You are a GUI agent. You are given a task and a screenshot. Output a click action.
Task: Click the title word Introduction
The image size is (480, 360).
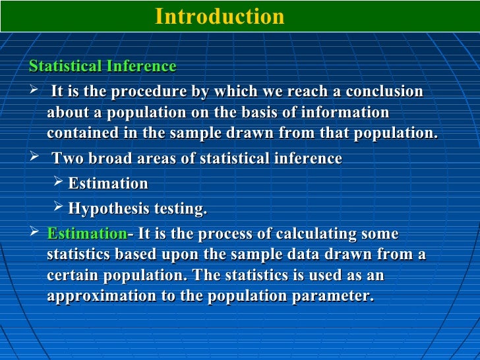tap(220, 16)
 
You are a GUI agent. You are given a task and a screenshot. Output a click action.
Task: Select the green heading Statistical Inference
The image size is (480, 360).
tap(103, 67)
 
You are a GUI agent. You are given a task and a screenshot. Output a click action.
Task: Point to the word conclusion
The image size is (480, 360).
tap(384, 91)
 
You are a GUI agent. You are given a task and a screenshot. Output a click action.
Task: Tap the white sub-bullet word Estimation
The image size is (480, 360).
tap(108, 183)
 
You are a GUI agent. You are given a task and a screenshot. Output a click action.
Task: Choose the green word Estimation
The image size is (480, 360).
tap(87, 234)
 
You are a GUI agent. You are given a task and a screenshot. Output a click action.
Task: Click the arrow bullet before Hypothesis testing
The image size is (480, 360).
tap(58, 208)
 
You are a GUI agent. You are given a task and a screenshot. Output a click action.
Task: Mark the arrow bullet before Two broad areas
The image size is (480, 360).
tap(35, 158)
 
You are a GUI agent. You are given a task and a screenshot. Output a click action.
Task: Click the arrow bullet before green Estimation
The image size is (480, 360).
tap(35, 233)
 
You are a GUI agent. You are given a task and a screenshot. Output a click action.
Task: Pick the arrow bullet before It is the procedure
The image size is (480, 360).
tap(35, 90)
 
